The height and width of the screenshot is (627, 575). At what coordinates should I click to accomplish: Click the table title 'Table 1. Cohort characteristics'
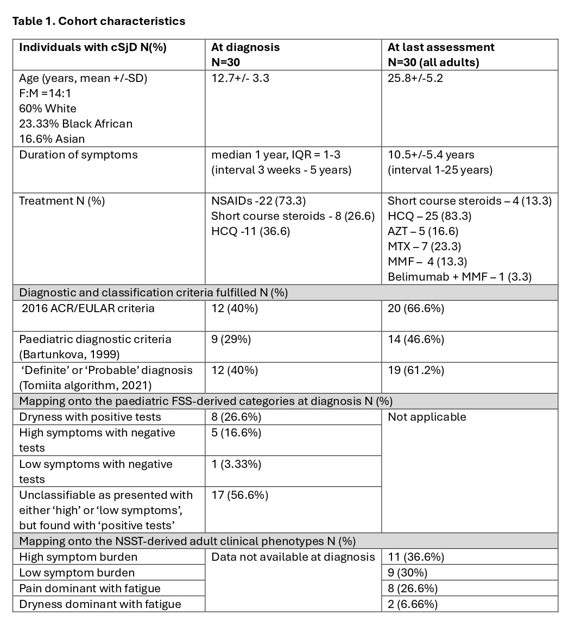pyautogui.click(x=98, y=22)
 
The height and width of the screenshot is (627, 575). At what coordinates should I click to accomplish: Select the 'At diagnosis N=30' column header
pyautogui.click(x=245, y=54)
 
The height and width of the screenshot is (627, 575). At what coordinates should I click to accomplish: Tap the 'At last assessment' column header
pyautogui.click(x=441, y=47)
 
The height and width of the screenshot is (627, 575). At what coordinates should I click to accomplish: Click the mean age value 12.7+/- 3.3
pyautogui.click(x=240, y=78)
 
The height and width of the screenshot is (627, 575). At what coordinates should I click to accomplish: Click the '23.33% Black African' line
pyautogui.click(x=75, y=124)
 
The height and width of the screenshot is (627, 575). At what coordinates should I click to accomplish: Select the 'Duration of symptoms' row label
pyautogui.click(x=78, y=155)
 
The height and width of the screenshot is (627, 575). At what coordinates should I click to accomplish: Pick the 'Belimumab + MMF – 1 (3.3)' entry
pyautogui.click(x=459, y=277)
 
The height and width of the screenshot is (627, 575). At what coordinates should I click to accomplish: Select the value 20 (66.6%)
pyautogui.click(x=416, y=308)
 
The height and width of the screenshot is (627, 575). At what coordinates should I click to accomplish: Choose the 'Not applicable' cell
pyautogui.click(x=427, y=417)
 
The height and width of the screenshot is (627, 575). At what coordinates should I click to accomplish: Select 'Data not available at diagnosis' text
pyautogui.click(x=293, y=557)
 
